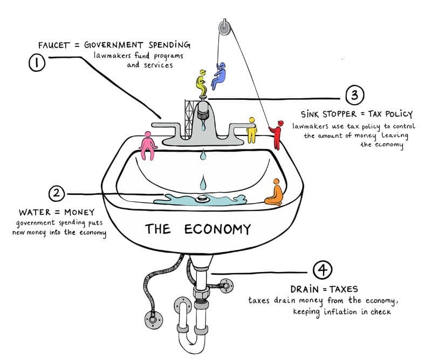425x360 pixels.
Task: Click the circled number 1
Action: click(x=37, y=63)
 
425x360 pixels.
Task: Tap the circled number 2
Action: click(x=57, y=193)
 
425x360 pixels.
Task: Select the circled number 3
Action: click(x=355, y=95)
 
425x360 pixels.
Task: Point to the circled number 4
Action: click(x=323, y=270)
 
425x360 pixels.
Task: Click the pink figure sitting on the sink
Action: click(x=148, y=146)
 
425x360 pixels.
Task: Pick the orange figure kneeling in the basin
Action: click(x=275, y=192)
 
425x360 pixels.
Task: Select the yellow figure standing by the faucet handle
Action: click(x=252, y=130)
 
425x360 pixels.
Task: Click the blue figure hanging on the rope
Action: click(x=218, y=76)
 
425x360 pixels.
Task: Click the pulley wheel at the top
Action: click(x=224, y=28)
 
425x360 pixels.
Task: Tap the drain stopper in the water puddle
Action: click(x=202, y=199)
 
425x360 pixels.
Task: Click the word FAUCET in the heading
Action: click(x=54, y=45)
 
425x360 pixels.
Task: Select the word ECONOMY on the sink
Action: click(x=217, y=229)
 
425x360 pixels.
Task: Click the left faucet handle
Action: click(x=166, y=127)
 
